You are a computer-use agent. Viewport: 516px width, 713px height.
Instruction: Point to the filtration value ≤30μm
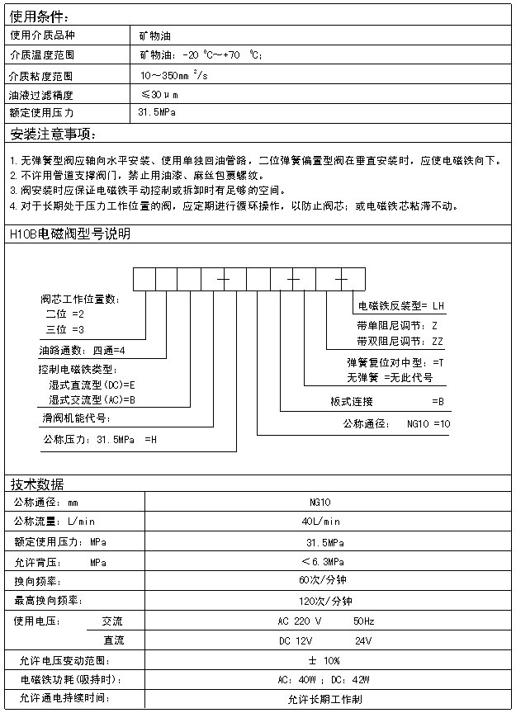point(159,94)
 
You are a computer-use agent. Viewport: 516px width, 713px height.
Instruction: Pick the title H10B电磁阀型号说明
point(69,234)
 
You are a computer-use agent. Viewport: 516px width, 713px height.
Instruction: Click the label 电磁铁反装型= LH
point(400,306)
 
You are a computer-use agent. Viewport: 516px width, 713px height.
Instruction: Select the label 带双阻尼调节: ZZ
point(400,341)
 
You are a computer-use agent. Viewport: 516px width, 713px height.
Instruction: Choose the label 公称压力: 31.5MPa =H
point(99,439)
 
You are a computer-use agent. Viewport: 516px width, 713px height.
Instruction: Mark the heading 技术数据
point(37,484)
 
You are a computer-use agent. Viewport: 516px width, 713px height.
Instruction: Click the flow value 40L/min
point(320,522)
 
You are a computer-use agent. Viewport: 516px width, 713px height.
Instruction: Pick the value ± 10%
point(324,660)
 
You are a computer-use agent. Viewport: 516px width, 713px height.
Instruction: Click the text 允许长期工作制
point(324,699)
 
